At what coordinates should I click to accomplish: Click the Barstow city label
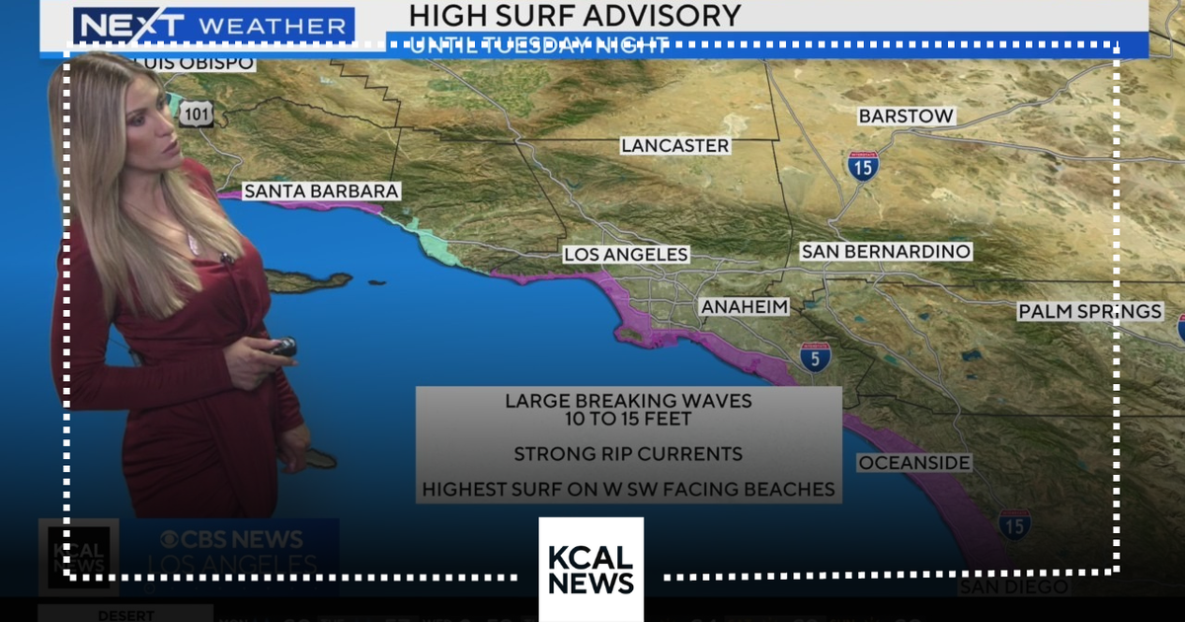coord(906,116)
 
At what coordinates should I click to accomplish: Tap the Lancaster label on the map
coord(675,145)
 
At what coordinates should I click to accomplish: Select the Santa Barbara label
coord(321,191)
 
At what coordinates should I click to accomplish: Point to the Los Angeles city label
coord(625,254)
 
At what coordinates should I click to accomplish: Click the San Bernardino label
coord(885,252)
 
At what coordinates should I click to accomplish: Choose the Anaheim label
coord(745,307)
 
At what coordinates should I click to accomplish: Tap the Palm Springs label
coord(1090,312)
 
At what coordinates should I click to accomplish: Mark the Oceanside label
coord(914,463)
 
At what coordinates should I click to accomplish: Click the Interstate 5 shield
coord(816,356)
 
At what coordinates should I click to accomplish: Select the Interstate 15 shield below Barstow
coord(862,166)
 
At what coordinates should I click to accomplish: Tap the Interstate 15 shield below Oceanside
coord(1014,524)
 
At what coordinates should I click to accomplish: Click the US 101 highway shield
coord(197,116)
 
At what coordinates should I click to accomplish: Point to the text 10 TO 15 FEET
coord(628,419)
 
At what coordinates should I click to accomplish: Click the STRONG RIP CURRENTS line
coord(628,454)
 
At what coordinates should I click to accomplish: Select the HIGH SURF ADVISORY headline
coord(575,16)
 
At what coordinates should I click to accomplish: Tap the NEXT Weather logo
coord(213,25)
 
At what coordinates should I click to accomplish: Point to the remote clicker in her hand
coord(282,347)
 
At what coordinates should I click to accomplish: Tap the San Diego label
coord(1014,587)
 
